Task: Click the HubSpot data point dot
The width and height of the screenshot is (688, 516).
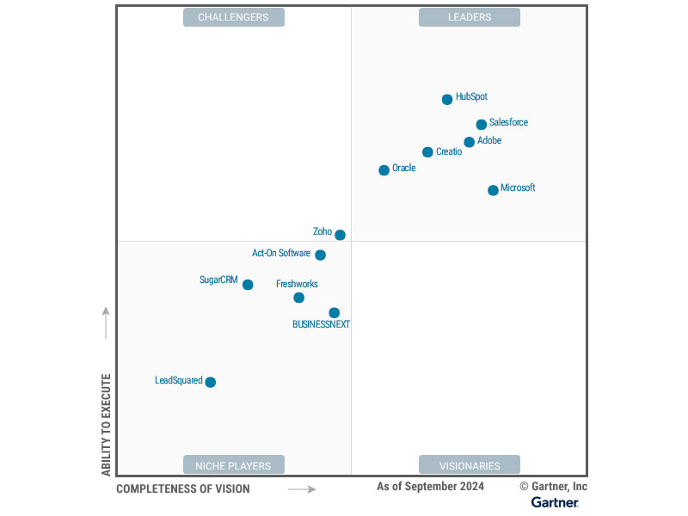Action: coord(447,100)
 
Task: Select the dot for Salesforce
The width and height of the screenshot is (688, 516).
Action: coord(482,125)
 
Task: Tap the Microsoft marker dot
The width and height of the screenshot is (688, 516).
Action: coord(493,190)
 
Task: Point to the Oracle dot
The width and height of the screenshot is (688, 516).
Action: coord(384,170)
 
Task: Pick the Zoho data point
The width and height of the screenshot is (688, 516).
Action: coord(340,235)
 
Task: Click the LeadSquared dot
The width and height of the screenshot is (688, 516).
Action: coord(210,382)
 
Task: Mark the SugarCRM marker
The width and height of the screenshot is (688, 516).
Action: coord(248,285)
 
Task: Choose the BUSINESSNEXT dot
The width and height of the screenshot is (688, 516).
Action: coord(334,313)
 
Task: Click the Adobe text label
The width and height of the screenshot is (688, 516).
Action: coord(489,141)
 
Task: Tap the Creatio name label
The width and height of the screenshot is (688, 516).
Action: coord(449,152)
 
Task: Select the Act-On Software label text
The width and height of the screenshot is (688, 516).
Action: coord(281,254)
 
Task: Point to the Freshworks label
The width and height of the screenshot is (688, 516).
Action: coord(297,284)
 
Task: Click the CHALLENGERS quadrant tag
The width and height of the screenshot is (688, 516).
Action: coord(233,17)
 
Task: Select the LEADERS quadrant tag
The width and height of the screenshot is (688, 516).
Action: coord(470,17)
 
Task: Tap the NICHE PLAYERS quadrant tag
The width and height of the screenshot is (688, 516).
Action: coord(233,465)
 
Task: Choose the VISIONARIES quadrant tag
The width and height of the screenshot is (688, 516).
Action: coord(470,465)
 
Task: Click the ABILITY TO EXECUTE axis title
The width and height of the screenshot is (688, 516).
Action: coord(107,424)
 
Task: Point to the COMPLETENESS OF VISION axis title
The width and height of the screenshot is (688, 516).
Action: coord(183,489)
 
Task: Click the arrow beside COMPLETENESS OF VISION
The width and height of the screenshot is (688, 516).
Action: coord(301,489)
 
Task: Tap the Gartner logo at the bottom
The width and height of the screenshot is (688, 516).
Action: coord(555,502)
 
